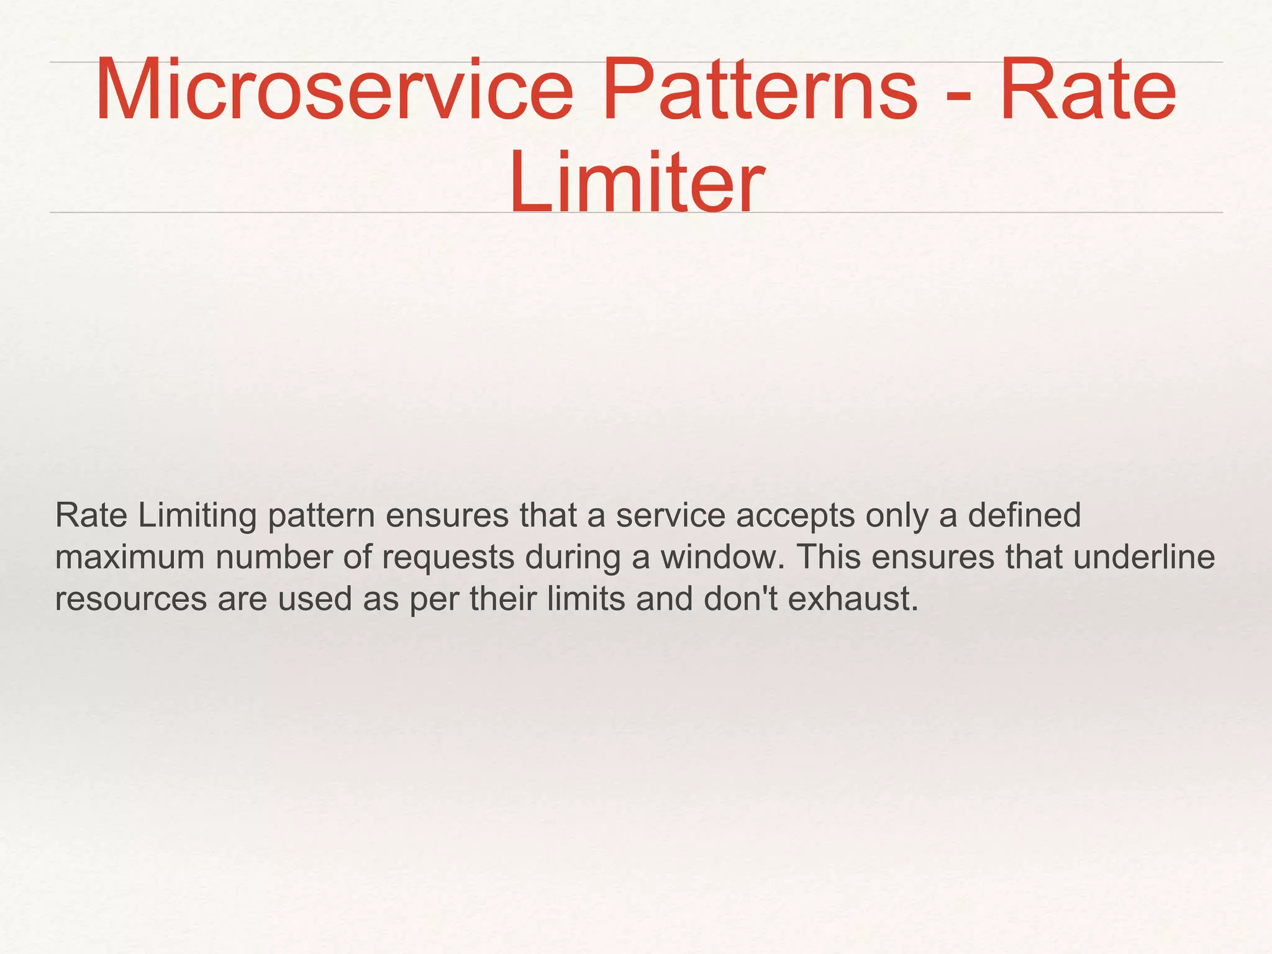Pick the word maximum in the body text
[x=130, y=558]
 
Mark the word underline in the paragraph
[x=1143, y=556]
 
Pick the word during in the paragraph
[x=572, y=558]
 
